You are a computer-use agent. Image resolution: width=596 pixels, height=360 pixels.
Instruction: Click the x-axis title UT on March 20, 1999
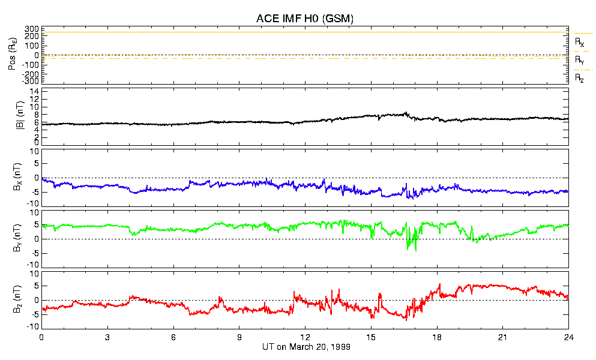click(306, 347)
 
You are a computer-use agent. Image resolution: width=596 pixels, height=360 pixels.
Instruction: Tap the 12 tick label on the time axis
click(305, 337)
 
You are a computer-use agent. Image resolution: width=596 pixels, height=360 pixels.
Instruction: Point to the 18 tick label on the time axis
click(437, 337)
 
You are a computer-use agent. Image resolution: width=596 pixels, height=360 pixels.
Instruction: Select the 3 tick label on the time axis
click(107, 337)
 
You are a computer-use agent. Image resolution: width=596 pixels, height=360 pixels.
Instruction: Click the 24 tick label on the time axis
click(568, 337)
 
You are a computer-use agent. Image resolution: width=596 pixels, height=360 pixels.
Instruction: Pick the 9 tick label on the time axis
click(239, 337)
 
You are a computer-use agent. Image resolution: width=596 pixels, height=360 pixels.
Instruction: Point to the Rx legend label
click(579, 43)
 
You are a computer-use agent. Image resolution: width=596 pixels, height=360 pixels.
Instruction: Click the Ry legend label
click(579, 61)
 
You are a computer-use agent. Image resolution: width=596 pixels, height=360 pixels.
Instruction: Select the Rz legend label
click(579, 78)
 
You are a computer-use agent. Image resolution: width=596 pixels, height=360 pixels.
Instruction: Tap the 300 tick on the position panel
click(32, 29)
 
